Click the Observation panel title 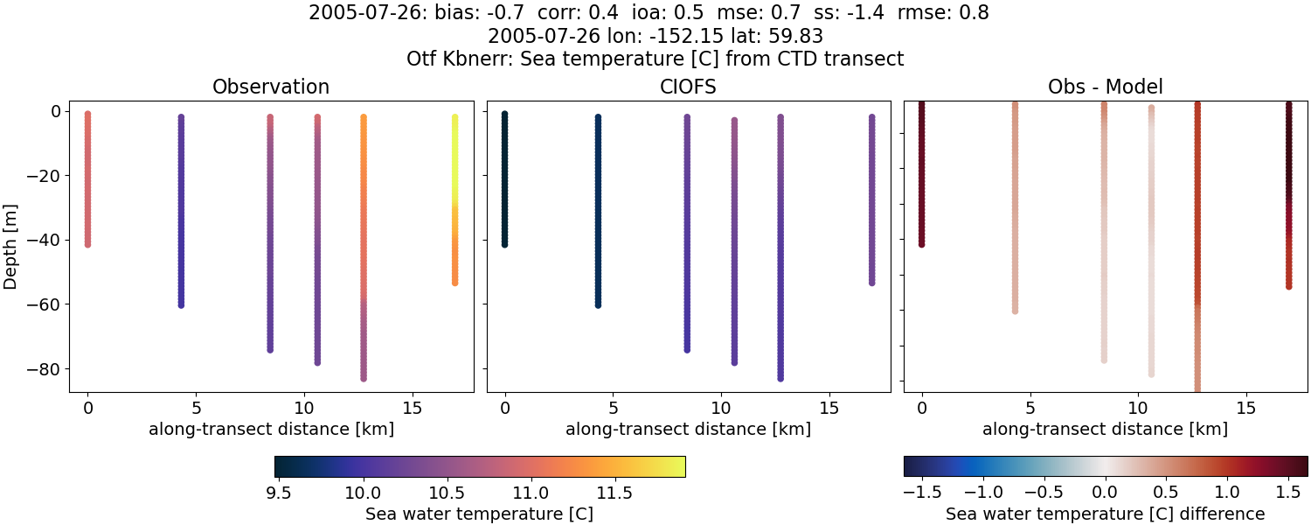pyautogui.click(x=271, y=87)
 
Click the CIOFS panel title pyautogui.click(x=688, y=87)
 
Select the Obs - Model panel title pyautogui.click(x=1105, y=87)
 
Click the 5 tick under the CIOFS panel pyautogui.click(x=614, y=408)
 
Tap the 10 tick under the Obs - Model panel pyautogui.click(x=1138, y=408)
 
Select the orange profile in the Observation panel pyautogui.click(x=363, y=175)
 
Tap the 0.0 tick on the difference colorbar pyautogui.click(x=1106, y=490)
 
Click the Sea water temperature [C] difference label pyautogui.click(x=1105, y=514)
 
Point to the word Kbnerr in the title pyautogui.click(x=473, y=59)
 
